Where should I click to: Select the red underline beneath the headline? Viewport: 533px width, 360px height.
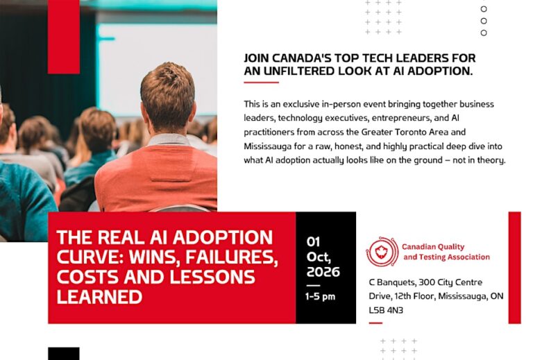(261, 82)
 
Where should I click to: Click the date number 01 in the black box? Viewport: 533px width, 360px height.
(313, 242)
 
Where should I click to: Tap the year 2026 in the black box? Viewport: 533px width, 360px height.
(323, 272)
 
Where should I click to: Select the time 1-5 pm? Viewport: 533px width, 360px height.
(320, 296)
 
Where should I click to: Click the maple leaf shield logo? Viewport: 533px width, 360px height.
(382, 252)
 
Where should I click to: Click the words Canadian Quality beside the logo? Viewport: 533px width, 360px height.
(433, 247)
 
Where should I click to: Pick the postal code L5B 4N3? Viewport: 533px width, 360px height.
(386, 310)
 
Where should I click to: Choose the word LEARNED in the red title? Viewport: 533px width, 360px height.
(99, 296)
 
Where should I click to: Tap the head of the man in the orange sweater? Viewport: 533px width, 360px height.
(167, 97)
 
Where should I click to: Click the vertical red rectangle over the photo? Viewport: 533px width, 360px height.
(64, 37)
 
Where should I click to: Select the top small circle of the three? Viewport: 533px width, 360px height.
(484, 9)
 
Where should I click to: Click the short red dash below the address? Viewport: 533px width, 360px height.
(375, 323)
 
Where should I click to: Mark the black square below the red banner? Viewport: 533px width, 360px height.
(64, 354)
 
